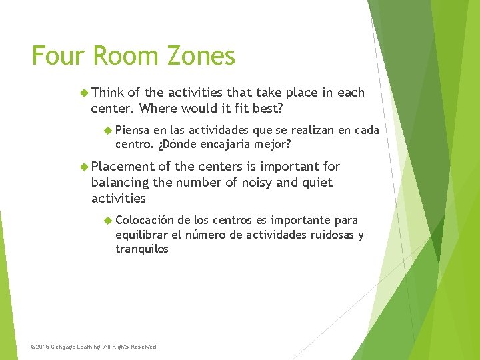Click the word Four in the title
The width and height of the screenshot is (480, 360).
(57, 56)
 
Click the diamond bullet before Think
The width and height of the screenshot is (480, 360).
(84, 92)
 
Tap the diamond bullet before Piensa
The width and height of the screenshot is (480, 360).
(109, 130)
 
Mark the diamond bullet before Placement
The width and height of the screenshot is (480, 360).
(84, 167)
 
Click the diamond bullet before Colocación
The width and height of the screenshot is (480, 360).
(109, 220)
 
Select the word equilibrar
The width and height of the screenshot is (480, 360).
(142, 235)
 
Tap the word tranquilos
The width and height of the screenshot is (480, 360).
(142, 249)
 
